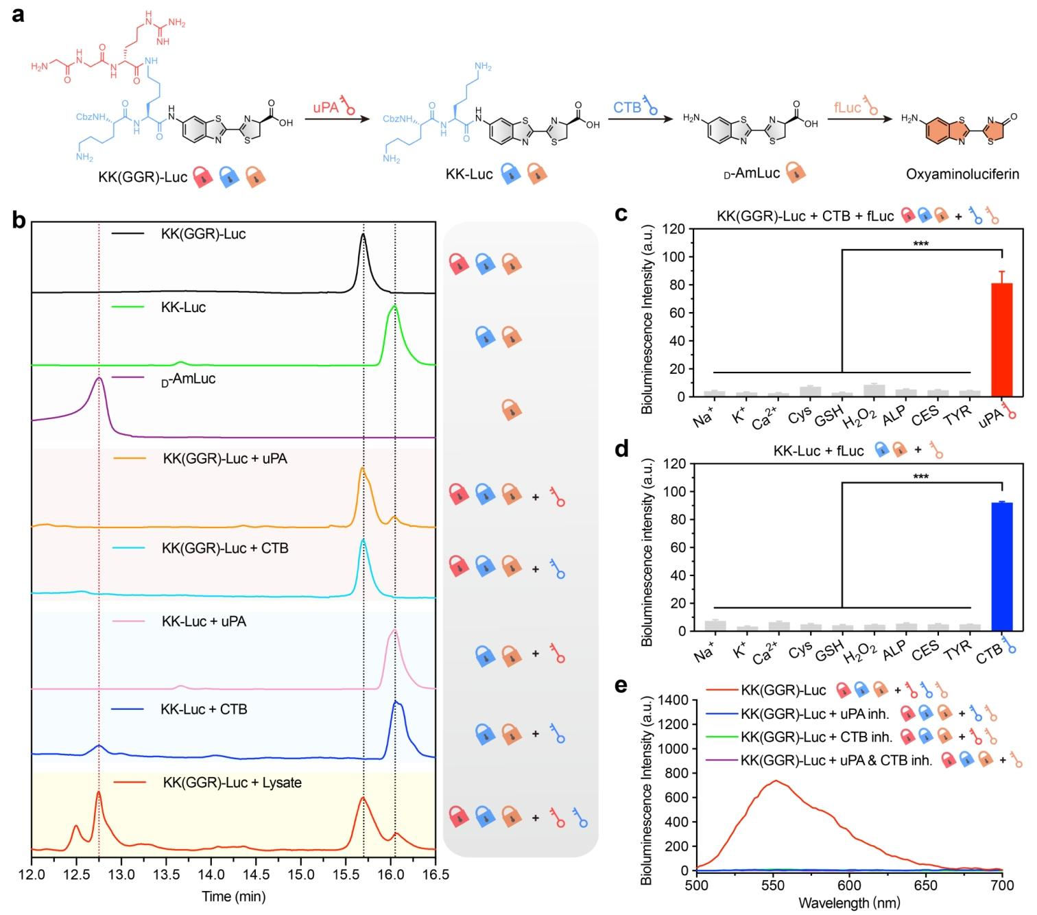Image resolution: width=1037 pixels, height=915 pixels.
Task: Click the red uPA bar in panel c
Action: click(x=1002, y=340)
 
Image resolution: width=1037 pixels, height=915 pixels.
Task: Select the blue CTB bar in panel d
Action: click(x=1002, y=567)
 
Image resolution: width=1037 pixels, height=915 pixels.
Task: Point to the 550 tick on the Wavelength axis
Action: click(x=774, y=885)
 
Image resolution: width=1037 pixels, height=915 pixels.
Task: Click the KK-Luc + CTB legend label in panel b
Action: click(x=204, y=709)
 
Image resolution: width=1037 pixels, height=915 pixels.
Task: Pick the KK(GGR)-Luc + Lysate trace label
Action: click(x=232, y=783)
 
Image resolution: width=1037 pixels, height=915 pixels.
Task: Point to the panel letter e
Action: click(x=621, y=685)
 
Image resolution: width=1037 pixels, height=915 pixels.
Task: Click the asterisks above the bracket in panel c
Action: click(x=920, y=244)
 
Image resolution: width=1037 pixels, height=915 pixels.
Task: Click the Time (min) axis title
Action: click(x=233, y=896)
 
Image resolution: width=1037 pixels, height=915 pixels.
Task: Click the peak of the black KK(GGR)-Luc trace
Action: click(x=363, y=235)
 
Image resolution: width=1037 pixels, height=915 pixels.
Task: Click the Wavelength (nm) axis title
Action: click(x=849, y=903)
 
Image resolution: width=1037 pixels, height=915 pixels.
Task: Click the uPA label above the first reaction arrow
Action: click(x=326, y=107)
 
